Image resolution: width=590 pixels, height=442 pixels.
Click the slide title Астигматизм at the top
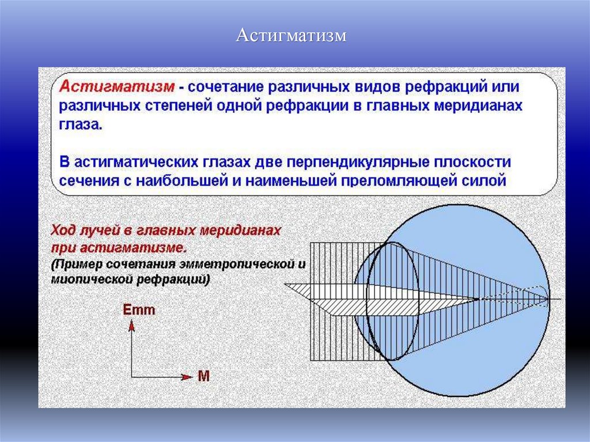coord(292,36)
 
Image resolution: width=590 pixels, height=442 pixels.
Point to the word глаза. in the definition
coord(80,125)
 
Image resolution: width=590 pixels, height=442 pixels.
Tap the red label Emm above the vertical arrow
coord(139,310)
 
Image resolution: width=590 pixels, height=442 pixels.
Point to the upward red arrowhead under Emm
coord(131,326)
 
